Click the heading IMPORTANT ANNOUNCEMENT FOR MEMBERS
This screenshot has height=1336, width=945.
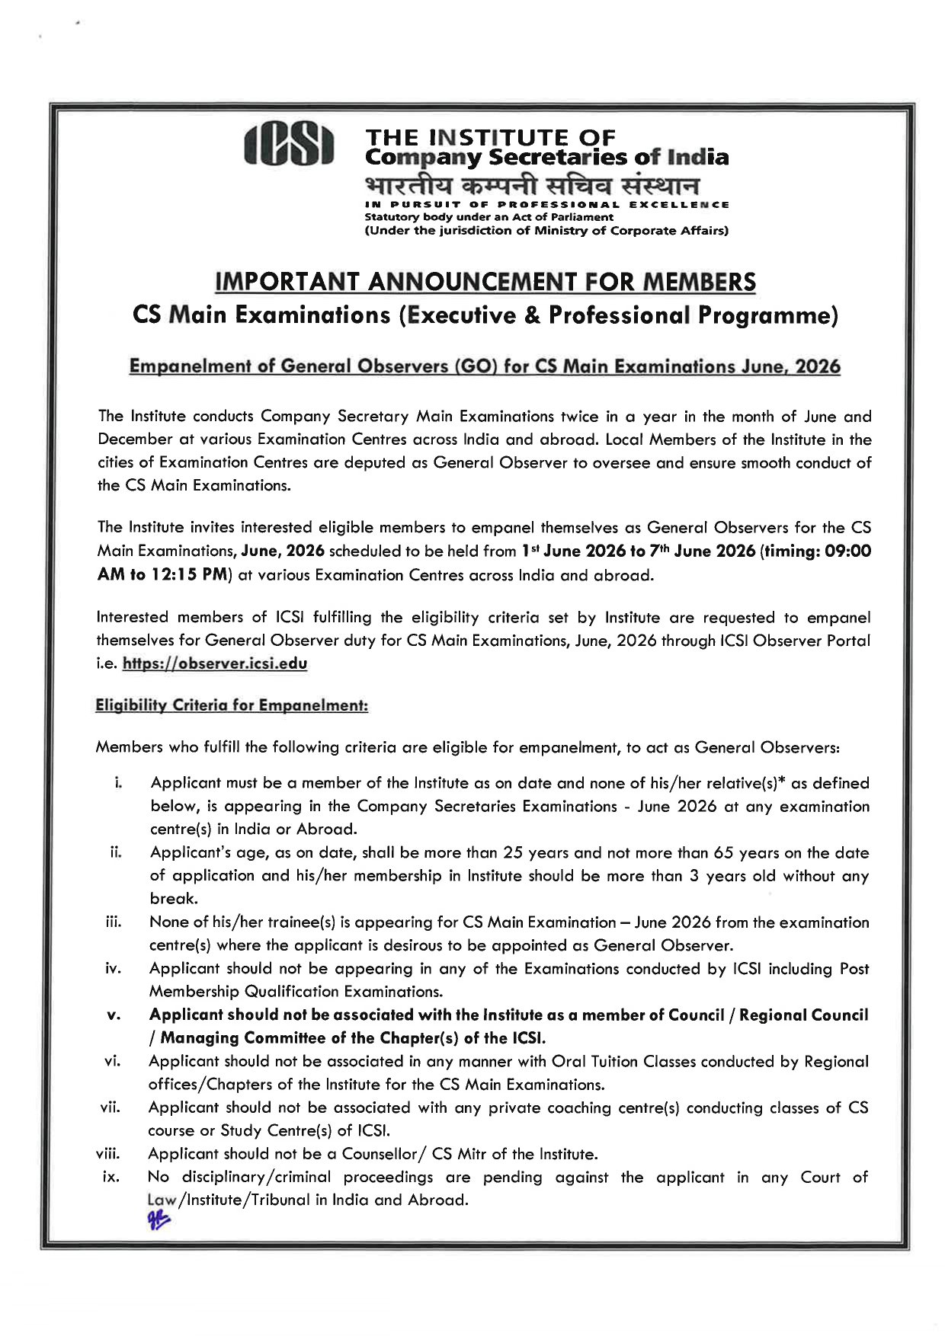click(485, 282)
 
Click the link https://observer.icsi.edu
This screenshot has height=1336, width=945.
click(215, 663)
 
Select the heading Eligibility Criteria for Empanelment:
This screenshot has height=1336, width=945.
click(232, 705)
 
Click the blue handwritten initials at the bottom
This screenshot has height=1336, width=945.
click(160, 1220)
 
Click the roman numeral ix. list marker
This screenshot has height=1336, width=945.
click(111, 1178)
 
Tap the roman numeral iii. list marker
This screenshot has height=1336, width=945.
click(114, 922)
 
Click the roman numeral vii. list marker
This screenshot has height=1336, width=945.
click(111, 1107)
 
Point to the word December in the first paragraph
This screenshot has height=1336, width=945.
click(136, 439)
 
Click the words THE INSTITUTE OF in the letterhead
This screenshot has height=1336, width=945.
click(490, 138)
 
